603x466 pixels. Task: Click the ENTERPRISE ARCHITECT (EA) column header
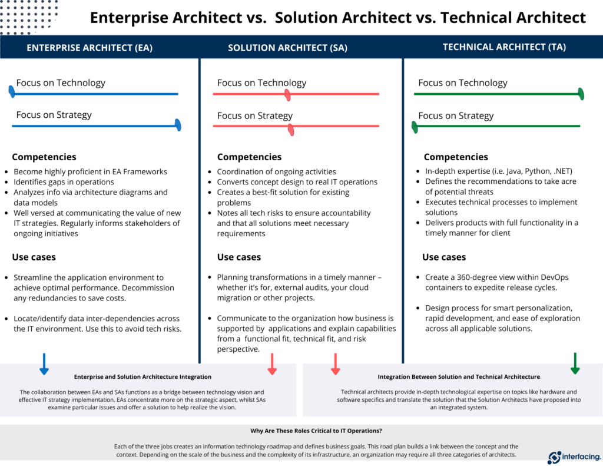coord(90,48)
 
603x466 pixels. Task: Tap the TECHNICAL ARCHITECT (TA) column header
coord(504,47)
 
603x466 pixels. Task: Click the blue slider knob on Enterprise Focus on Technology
coord(12,91)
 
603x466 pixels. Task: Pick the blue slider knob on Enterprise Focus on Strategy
coord(178,125)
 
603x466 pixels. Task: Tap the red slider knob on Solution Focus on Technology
coord(287,95)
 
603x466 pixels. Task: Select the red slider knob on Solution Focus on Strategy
coord(290,130)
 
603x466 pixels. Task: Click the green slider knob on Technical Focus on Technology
coord(581,94)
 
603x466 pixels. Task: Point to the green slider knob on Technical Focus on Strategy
coord(415,127)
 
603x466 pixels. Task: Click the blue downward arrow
coord(44,363)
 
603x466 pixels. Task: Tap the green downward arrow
coord(575,363)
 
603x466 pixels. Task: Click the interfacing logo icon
coord(554,457)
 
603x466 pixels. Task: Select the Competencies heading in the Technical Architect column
coord(456,157)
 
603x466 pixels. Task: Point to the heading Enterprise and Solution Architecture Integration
coord(143,376)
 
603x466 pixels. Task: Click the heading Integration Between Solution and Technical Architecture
coord(459,376)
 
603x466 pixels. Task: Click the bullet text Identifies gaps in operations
coord(64,182)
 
